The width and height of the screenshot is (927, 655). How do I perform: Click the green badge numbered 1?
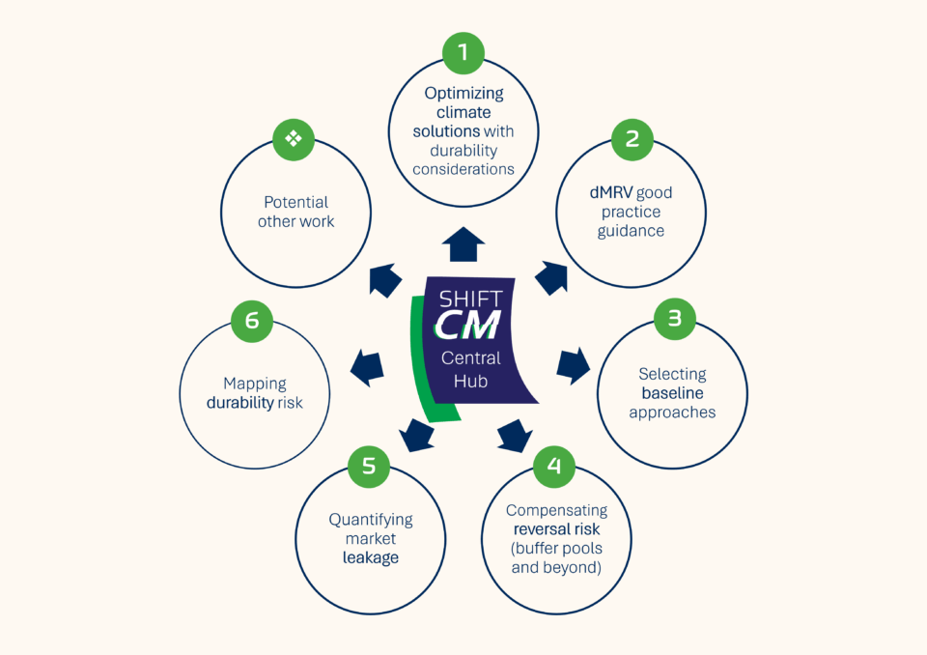tap(463, 53)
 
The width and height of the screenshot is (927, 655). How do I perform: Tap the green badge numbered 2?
tap(632, 139)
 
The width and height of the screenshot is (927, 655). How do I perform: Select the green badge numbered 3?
tap(674, 319)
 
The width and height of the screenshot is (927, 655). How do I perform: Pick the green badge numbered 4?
tap(553, 466)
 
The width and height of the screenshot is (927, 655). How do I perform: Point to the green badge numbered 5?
tap(369, 466)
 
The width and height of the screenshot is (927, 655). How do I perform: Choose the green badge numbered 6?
tap(252, 320)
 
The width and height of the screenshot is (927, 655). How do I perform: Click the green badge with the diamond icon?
tap(294, 139)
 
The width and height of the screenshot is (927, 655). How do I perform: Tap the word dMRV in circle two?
tap(610, 192)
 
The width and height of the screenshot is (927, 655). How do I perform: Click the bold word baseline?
tap(672, 393)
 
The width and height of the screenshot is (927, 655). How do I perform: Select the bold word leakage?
tap(370, 557)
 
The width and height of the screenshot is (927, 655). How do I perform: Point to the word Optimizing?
tap(463, 94)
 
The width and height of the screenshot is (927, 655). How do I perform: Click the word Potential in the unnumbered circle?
tap(295, 202)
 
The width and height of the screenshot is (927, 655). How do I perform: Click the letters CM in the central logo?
tap(468, 326)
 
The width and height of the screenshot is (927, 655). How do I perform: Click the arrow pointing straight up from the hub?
tap(464, 244)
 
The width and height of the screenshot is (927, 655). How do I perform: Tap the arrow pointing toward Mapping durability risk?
tap(366, 365)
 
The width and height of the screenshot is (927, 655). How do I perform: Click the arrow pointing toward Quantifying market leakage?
tap(416, 434)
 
